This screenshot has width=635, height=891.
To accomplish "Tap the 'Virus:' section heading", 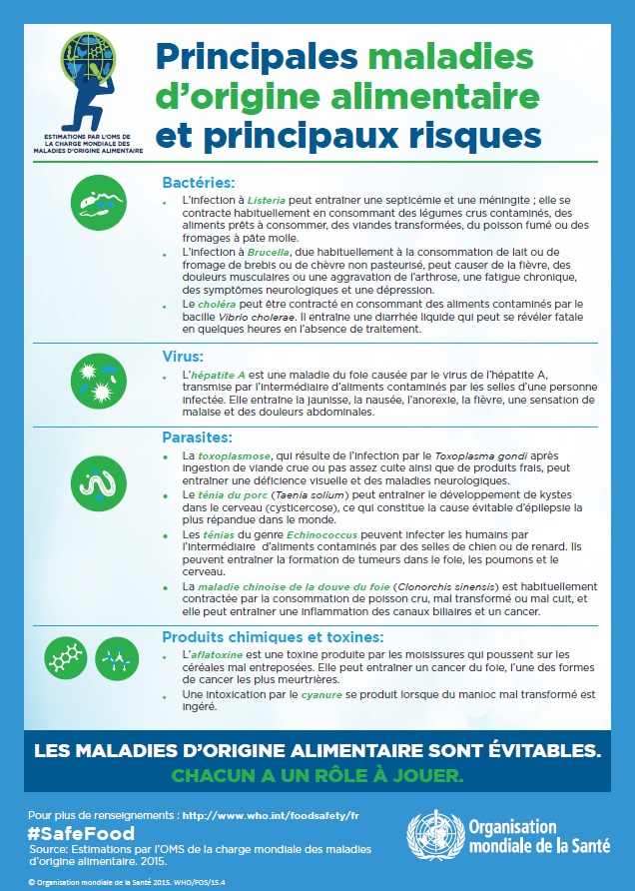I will click(183, 356).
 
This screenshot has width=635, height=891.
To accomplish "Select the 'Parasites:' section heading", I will click(198, 437).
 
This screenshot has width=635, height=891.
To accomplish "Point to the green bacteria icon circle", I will click(100, 203).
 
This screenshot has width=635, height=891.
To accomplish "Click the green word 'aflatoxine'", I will click(208, 653).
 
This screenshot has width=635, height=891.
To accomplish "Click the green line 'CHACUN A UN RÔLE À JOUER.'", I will click(317, 775).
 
